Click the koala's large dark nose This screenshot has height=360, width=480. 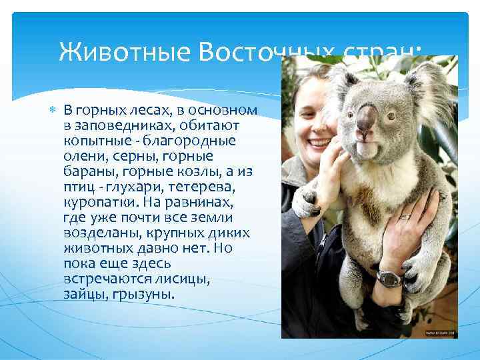click(366, 119)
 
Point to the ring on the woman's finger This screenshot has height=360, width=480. click(405, 216)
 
